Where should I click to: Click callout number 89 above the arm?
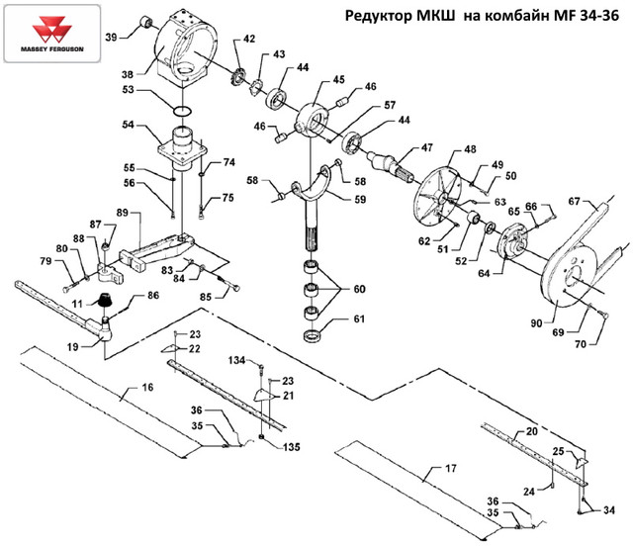123,213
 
